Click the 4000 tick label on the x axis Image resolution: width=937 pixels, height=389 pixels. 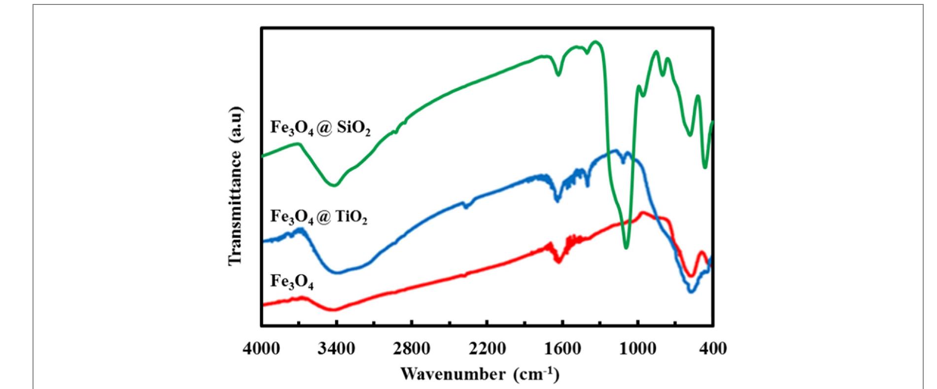click(261, 349)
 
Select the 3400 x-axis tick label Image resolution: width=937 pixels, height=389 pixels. click(336, 349)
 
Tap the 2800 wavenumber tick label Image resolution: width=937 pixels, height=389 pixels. click(412, 349)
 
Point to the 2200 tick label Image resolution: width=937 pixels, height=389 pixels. click(487, 349)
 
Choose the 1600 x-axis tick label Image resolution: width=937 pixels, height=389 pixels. click(562, 349)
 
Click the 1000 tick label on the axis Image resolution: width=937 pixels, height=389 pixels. click(638, 349)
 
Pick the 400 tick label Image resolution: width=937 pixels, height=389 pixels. click(713, 349)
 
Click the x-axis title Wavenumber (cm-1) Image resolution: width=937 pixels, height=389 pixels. click(480, 373)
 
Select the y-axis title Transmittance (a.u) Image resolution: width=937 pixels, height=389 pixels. click(236, 186)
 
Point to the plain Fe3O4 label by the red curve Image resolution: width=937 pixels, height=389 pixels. click(292, 282)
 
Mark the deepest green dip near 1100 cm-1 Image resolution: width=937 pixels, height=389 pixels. click(626, 248)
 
